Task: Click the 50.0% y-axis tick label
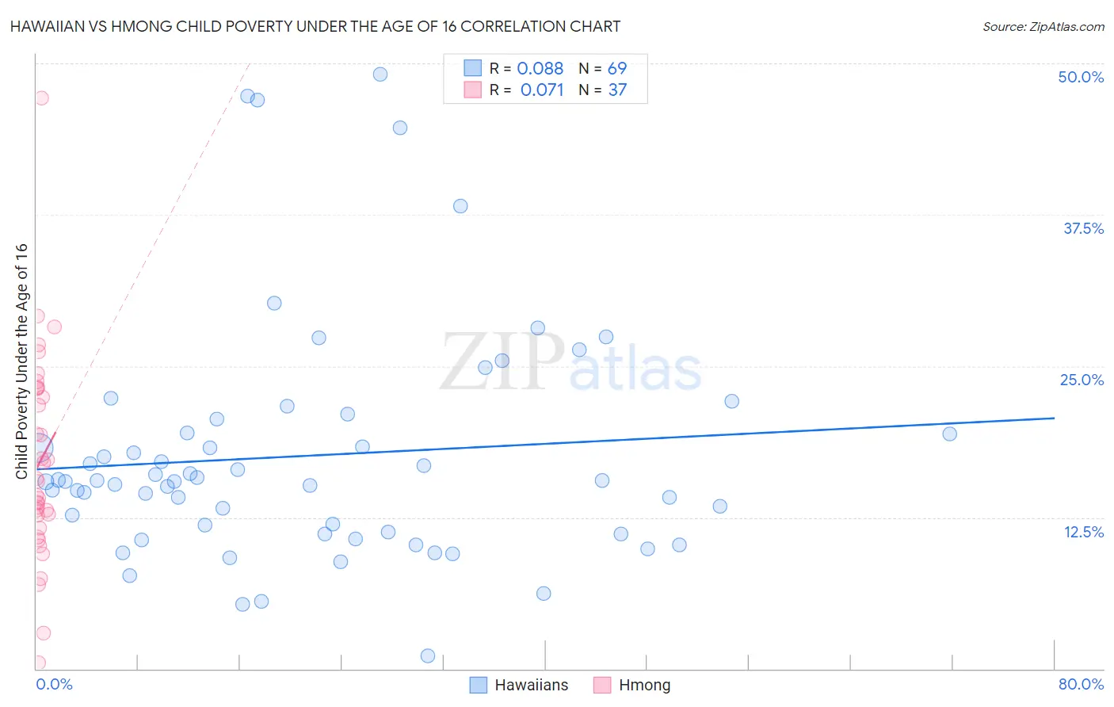click(1081, 77)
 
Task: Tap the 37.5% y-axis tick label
click(1083, 228)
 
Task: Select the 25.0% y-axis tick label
click(1082, 380)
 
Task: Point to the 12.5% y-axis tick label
click(1083, 532)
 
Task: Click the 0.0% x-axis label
click(54, 684)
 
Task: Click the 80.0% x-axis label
click(1081, 684)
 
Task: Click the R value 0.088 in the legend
click(540, 69)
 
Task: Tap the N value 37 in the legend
click(617, 90)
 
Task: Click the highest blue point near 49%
click(380, 75)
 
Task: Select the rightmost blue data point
click(949, 434)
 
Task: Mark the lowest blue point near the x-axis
click(428, 655)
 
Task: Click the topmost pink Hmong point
click(41, 98)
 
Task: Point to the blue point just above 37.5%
click(460, 206)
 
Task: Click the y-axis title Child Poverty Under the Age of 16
click(22, 361)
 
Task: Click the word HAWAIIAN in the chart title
click(52, 26)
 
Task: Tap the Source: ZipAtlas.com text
click(1043, 26)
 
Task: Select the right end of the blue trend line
click(1054, 418)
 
